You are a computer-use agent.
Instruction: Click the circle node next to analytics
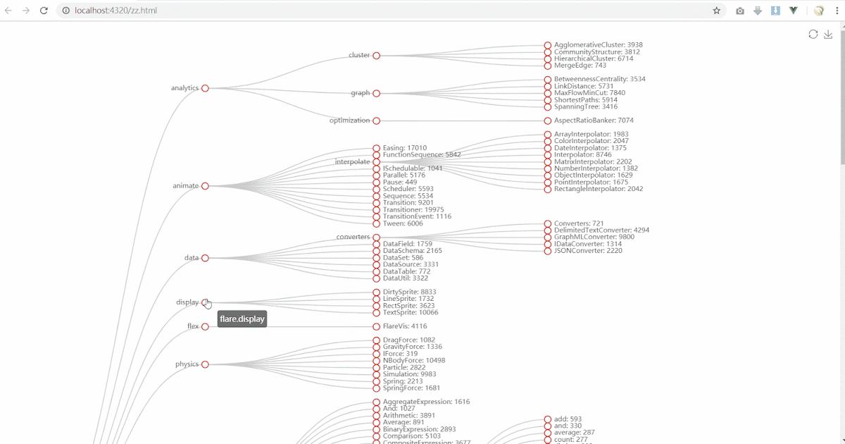tap(205, 88)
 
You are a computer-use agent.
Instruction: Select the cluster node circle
tap(377, 55)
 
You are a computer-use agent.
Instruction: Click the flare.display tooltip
tap(242, 319)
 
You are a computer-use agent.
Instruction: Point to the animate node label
tap(186, 186)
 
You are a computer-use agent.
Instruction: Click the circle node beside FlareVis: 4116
tap(377, 326)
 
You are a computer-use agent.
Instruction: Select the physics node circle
tap(205, 364)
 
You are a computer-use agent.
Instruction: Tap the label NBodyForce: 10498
tap(414, 361)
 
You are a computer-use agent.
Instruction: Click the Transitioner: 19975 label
tap(413, 210)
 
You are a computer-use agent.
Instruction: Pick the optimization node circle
tap(377, 121)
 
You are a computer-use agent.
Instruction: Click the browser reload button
tap(44, 11)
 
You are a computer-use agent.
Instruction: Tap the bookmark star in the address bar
tap(717, 11)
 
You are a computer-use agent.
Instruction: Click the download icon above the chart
tap(828, 35)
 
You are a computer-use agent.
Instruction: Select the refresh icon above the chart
tap(813, 35)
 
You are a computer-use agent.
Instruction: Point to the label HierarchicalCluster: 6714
tap(594, 58)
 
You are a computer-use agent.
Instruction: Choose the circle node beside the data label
tap(205, 258)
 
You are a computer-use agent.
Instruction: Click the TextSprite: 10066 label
tap(411, 313)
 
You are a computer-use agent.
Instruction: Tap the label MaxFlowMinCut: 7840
tap(589, 93)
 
